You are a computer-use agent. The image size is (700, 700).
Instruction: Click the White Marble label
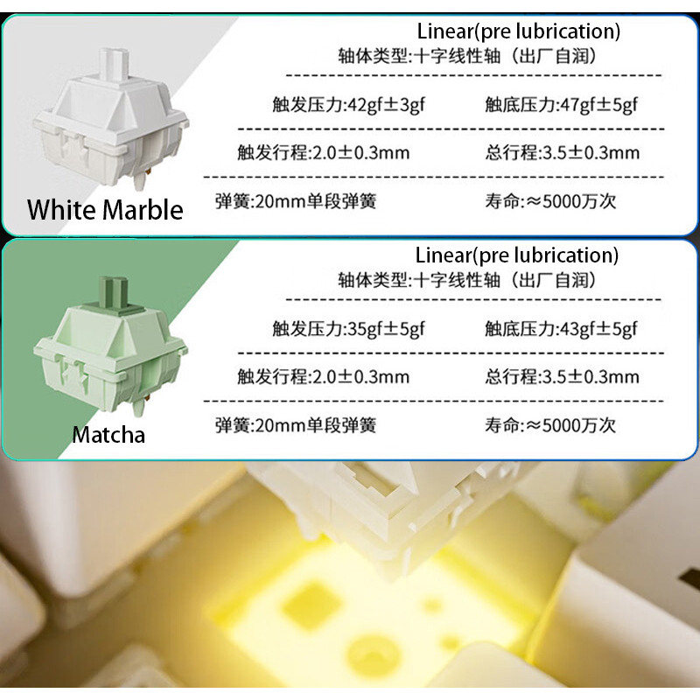coord(105,209)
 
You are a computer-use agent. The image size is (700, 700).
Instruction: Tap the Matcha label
coord(108,434)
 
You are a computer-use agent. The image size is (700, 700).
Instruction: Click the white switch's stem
coord(114,64)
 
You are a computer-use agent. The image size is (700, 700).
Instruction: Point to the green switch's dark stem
coord(114,292)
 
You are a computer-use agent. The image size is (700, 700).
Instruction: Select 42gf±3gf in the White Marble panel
coord(386,105)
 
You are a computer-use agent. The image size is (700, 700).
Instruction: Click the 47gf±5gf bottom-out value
coord(598,105)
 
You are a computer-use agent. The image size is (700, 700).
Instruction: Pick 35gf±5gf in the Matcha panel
coord(386,329)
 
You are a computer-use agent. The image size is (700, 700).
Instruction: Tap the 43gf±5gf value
coord(598,329)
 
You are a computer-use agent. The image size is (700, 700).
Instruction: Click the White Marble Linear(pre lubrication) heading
coord(518,31)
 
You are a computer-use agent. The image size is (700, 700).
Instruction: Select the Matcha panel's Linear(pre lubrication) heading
coord(517,255)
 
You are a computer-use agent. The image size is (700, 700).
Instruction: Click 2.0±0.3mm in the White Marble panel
coord(360,152)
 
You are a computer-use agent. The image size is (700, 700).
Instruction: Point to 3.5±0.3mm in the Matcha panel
coord(591,377)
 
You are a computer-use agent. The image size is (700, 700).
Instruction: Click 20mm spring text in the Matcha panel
coord(296,425)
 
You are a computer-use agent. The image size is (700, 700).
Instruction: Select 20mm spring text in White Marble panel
coord(296,201)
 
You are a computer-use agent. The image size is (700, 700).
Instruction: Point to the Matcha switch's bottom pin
coord(140,405)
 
